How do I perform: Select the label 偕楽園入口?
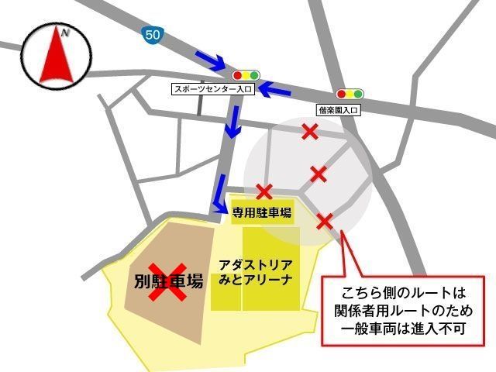pos(339,110)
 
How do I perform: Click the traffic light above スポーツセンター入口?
pos(246,75)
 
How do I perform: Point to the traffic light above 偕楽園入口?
pos(349,94)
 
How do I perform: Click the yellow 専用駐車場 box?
pos(261,212)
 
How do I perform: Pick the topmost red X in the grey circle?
pos(310,133)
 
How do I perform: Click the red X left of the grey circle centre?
pos(264,191)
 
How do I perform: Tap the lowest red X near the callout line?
pos(325,221)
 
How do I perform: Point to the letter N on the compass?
pos(66,33)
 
